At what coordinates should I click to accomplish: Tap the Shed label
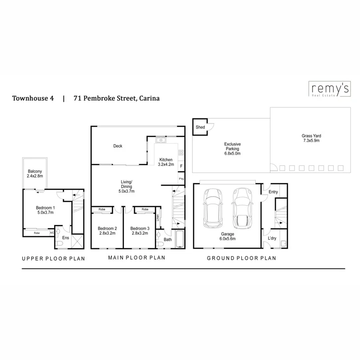200,127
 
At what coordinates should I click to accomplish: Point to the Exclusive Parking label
232,148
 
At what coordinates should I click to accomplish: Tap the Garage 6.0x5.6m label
228,236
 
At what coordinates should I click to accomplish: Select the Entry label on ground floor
273,192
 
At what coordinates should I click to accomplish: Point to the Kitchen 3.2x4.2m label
166,162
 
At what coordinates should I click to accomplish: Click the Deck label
118,146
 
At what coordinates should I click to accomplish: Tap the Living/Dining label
126,186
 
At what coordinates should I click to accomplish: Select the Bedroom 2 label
107,231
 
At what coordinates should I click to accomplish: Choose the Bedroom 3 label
140,231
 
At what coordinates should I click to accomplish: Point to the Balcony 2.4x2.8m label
35,174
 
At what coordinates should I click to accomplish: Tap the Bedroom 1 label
45,210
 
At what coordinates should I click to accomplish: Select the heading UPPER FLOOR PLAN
53,258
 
